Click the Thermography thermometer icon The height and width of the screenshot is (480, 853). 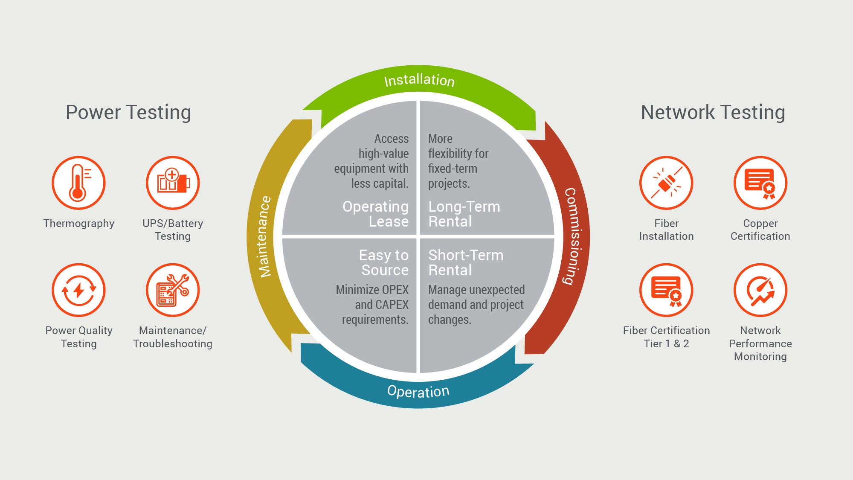pyautogui.click(x=78, y=183)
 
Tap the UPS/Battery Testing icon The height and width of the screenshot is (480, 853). pyautogui.click(x=173, y=183)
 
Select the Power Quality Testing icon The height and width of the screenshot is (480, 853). pyautogui.click(x=78, y=290)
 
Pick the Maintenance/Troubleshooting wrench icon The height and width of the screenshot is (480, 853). pyautogui.click(x=173, y=290)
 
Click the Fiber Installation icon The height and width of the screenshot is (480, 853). pyautogui.click(x=666, y=183)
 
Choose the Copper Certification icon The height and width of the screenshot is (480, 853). pyautogui.click(x=760, y=183)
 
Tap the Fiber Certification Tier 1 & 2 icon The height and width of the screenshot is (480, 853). pyautogui.click(x=666, y=290)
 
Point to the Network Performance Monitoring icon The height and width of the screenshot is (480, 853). pyautogui.click(x=760, y=290)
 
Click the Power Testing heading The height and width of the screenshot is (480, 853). pyautogui.click(x=128, y=113)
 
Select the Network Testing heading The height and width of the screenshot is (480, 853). pyautogui.click(x=713, y=113)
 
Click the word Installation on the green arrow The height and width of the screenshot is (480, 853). pyautogui.click(x=419, y=80)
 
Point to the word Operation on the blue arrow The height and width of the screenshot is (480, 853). pyautogui.click(x=418, y=391)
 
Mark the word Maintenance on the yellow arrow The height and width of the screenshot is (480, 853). pyautogui.click(x=265, y=236)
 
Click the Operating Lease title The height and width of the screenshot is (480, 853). pyautogui.click(x=376, y=214)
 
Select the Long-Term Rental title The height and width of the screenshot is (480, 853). pyautogui.click(x=464, y=214)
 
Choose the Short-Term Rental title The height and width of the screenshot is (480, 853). pyautogui.click(x=465, y=262)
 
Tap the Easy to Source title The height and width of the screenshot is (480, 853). pyautogui.click(x=384, y=262)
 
